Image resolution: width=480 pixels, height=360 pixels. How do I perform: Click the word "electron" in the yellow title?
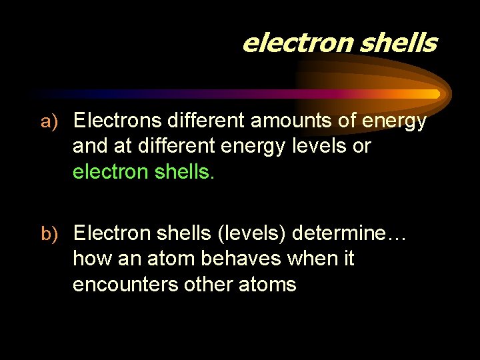point(297,43)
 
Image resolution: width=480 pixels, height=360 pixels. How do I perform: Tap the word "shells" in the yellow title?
point(398,43)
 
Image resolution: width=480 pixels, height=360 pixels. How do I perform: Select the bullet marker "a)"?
point(51,121)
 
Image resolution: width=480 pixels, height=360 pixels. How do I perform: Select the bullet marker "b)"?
point(51,233)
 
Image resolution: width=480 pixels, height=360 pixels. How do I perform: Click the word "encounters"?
point(125,284)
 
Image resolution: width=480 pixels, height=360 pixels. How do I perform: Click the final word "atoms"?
point(268,284)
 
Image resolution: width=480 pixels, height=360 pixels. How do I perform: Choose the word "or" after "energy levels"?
point(361,146)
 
